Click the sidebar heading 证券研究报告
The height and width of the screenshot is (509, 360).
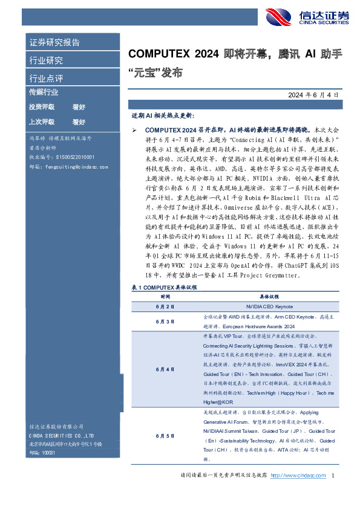(54, 43)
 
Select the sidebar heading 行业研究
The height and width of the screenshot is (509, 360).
(46, 60)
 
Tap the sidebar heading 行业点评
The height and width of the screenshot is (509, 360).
(46, 79)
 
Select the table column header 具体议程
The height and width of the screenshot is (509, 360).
(269, 297)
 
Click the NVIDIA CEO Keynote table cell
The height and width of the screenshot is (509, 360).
(269, 307)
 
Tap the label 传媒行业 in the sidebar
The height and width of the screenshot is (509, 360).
(44, 92)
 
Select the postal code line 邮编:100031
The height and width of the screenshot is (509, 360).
(42, 452)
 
